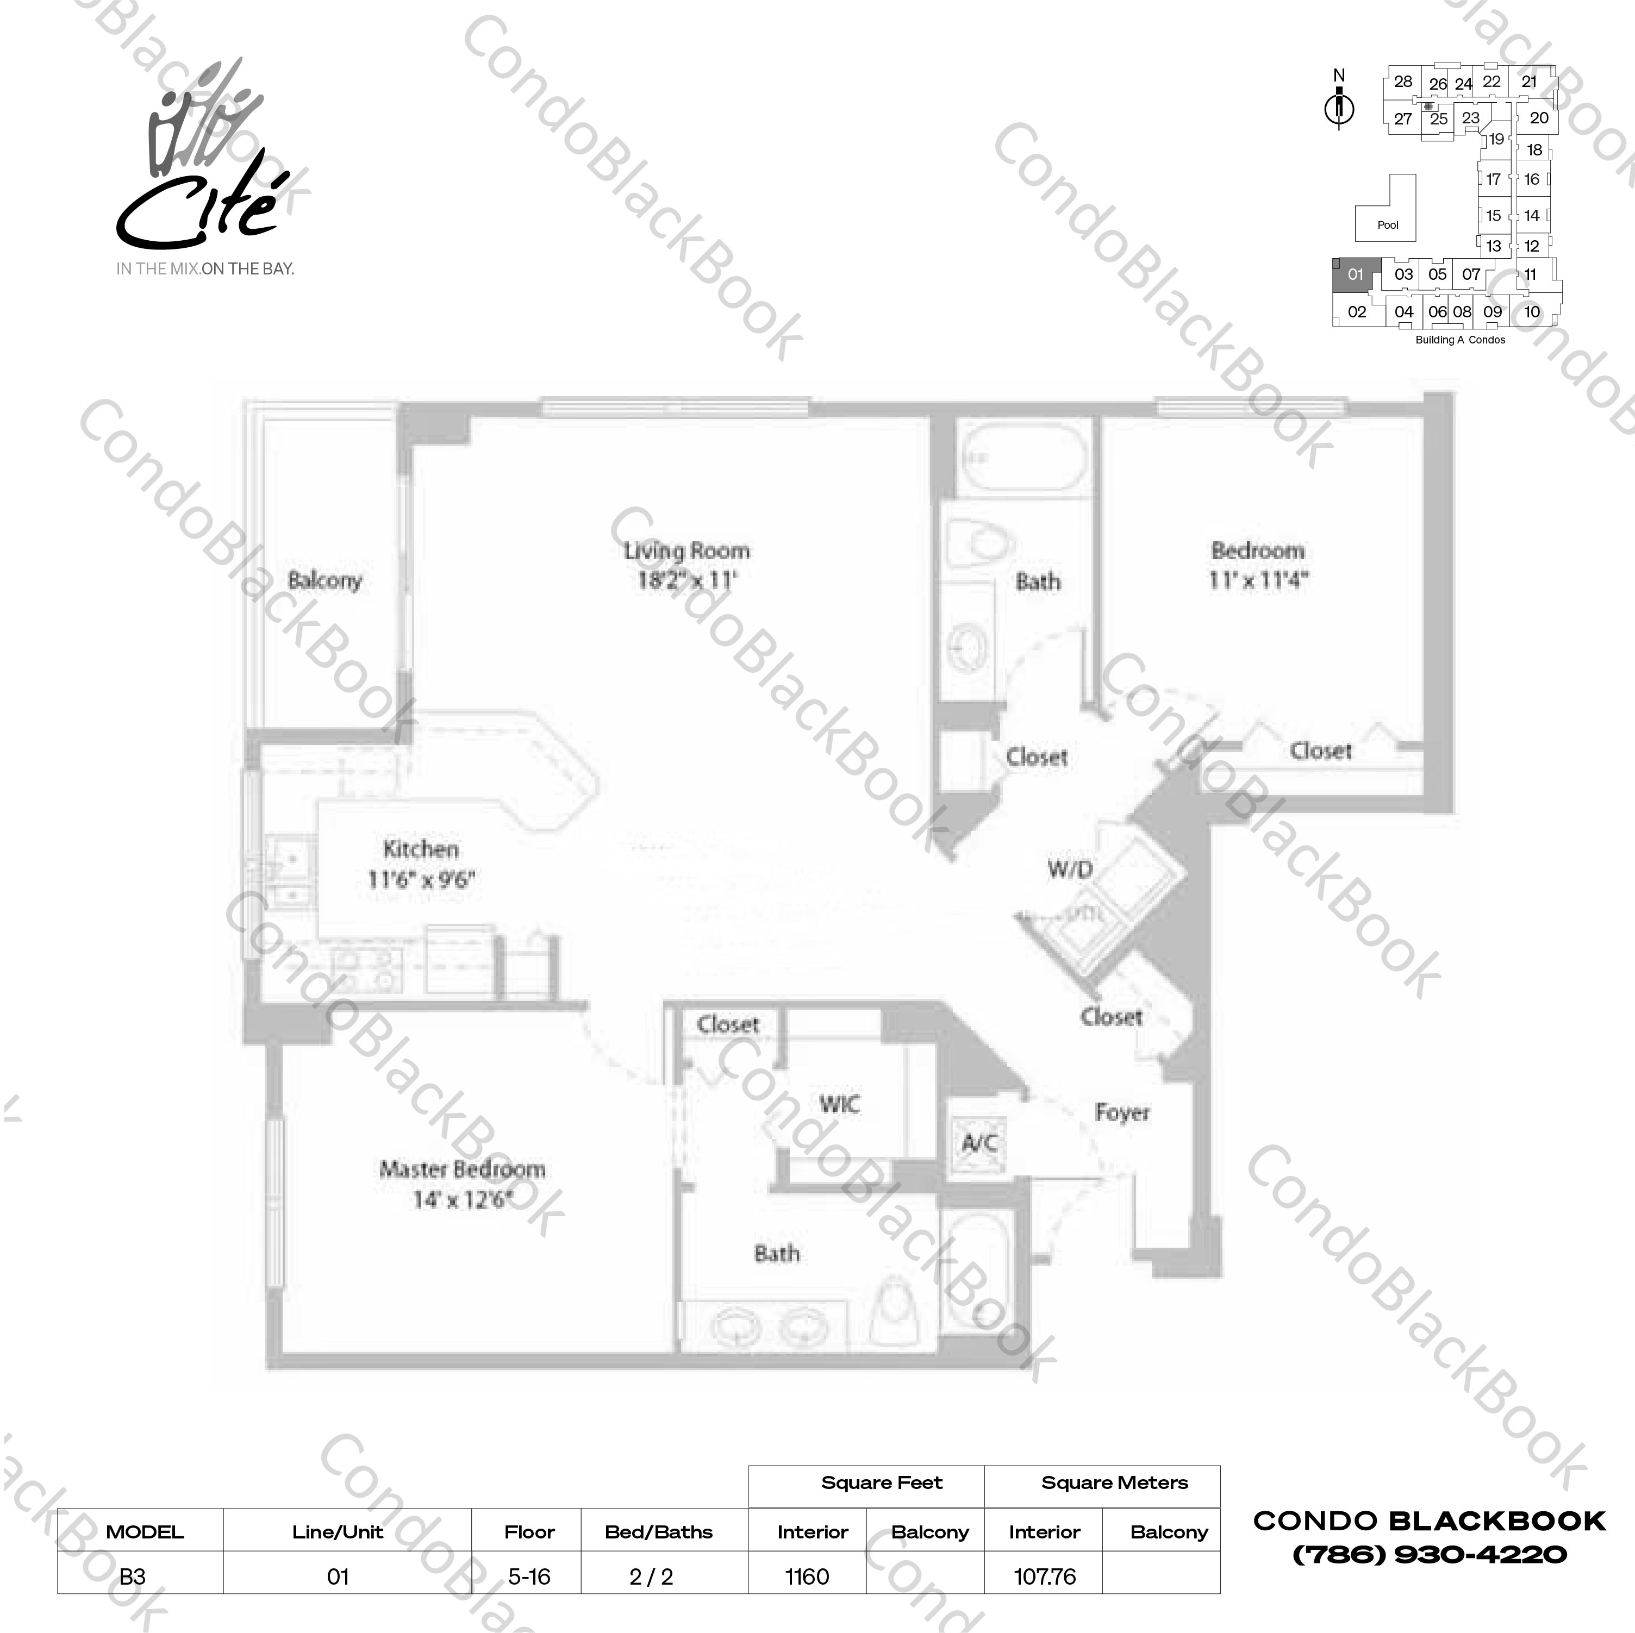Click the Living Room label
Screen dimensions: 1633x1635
click(x=687, y=551)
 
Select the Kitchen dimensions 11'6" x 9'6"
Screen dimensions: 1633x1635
click(x=421, y=879)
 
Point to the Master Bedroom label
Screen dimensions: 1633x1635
click(x=462, y=1169)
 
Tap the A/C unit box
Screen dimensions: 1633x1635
click(x=979, y=1144)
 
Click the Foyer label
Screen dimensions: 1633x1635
click(x=1121, y=1112)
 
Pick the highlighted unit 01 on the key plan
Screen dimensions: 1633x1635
click(x=1356, y=274)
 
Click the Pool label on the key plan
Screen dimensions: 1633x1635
click(x=1388, y=225)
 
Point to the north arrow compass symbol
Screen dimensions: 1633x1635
click(x=1339, y=108)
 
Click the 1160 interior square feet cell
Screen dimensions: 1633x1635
click(x=807, y=1576)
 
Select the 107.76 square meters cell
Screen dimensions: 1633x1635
click(x=1044, y=1576)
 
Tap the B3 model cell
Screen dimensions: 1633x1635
click(x=132, y=1576)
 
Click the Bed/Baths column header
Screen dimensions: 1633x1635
click(x=658, y=1531)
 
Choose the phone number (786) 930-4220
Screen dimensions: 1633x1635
click(x=1430, y=1554)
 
